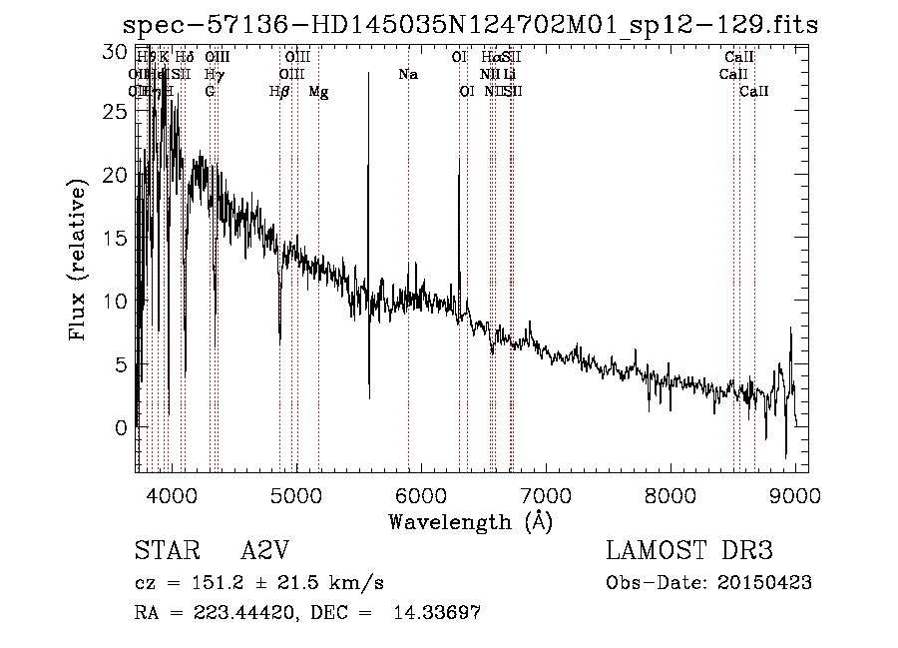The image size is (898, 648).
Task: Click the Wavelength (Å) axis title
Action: pyautogui.click(x=470, y=521)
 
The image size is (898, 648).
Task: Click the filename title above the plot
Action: pyautogui.click(x=470, y=25)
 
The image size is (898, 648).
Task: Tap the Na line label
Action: pyautogui.click(x=407, y=75)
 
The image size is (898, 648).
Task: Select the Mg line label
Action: pyautogui.click(x=318, y=92)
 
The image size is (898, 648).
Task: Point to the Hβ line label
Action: pyautogui.click(x=279, y=92)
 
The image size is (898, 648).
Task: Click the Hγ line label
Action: pyautogui.click(x=213, y=75)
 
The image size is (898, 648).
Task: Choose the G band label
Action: pyautogui.click(x=210, y=92)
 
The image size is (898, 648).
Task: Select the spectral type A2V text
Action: pyautogui.click(x=262, y=551)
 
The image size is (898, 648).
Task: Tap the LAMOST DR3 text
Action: pyautogui.click(x=688, y=551)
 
